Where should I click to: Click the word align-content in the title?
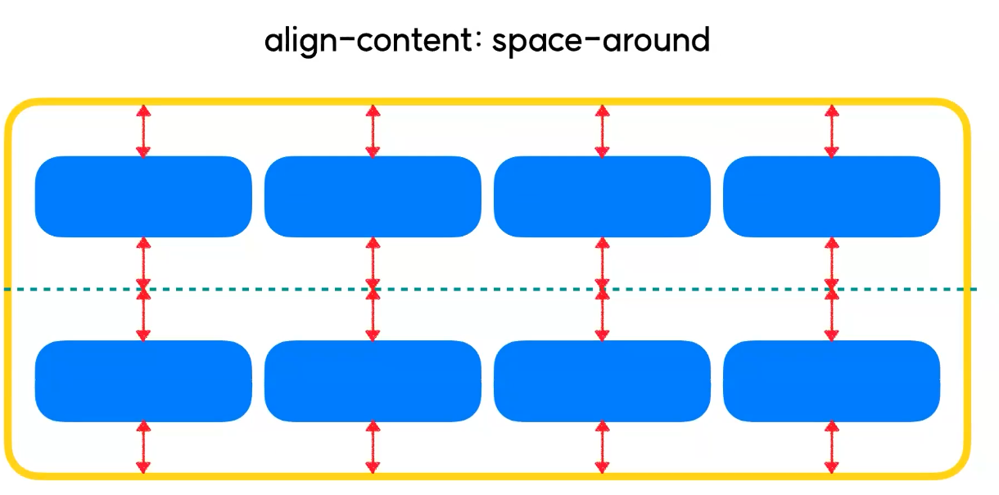[x=373, y=39]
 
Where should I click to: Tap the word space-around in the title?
[x=601, y=41]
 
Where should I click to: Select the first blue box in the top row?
[x=143, y=196]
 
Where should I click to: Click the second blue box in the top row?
[x=373, y=196]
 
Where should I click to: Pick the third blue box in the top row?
[x=602, y=196]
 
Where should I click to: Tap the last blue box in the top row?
[x=831, y=196]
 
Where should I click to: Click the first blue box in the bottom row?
[x=143, y=380]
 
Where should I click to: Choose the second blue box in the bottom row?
[x=373, y=380]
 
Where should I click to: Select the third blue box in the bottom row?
[x=602, y=380]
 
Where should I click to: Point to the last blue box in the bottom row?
[x=831, y=380]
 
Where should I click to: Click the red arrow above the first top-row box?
[x=143, y=130]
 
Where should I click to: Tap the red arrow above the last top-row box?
[x=831, y=130]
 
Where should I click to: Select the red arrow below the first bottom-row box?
[x=143, y=447]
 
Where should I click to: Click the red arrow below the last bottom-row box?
[x=831, y=447]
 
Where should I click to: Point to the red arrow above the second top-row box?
[x=373, y=130]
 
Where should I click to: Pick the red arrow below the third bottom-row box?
[x=602, y=447]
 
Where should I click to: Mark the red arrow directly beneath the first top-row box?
[x=143, y=262]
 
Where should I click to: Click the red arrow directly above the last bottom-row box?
[x=831, y=315]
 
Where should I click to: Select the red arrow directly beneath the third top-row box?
[x=602, y=262]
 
